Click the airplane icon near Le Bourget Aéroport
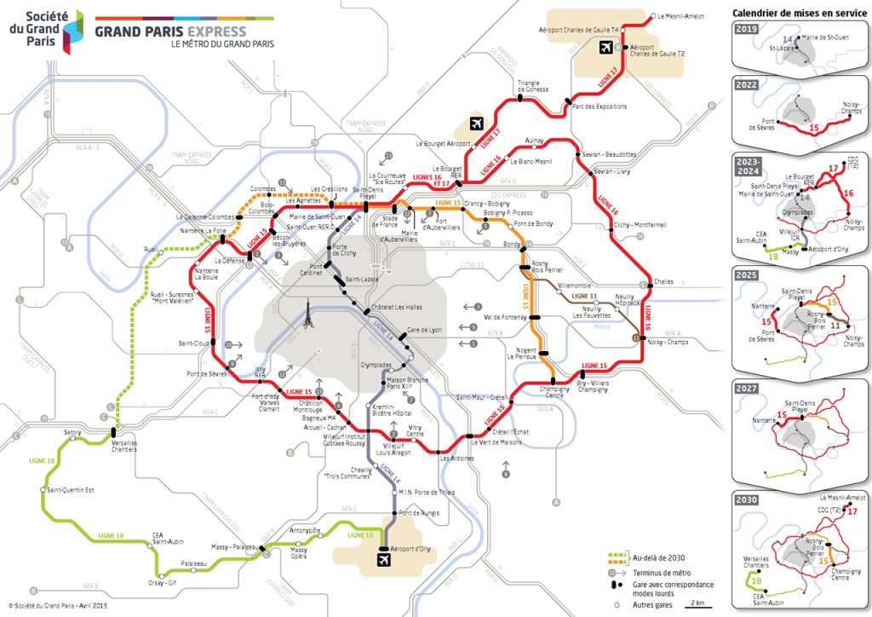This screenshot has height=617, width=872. (x=476, y=123)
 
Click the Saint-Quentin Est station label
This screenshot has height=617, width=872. (x=71, y=490)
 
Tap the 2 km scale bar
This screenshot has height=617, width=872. (x=698, y=603)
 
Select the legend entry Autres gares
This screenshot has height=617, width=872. (x=652, y=603)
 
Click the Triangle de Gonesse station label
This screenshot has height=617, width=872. (x=533, y=86)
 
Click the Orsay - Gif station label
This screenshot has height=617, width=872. (x=162, y=583)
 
